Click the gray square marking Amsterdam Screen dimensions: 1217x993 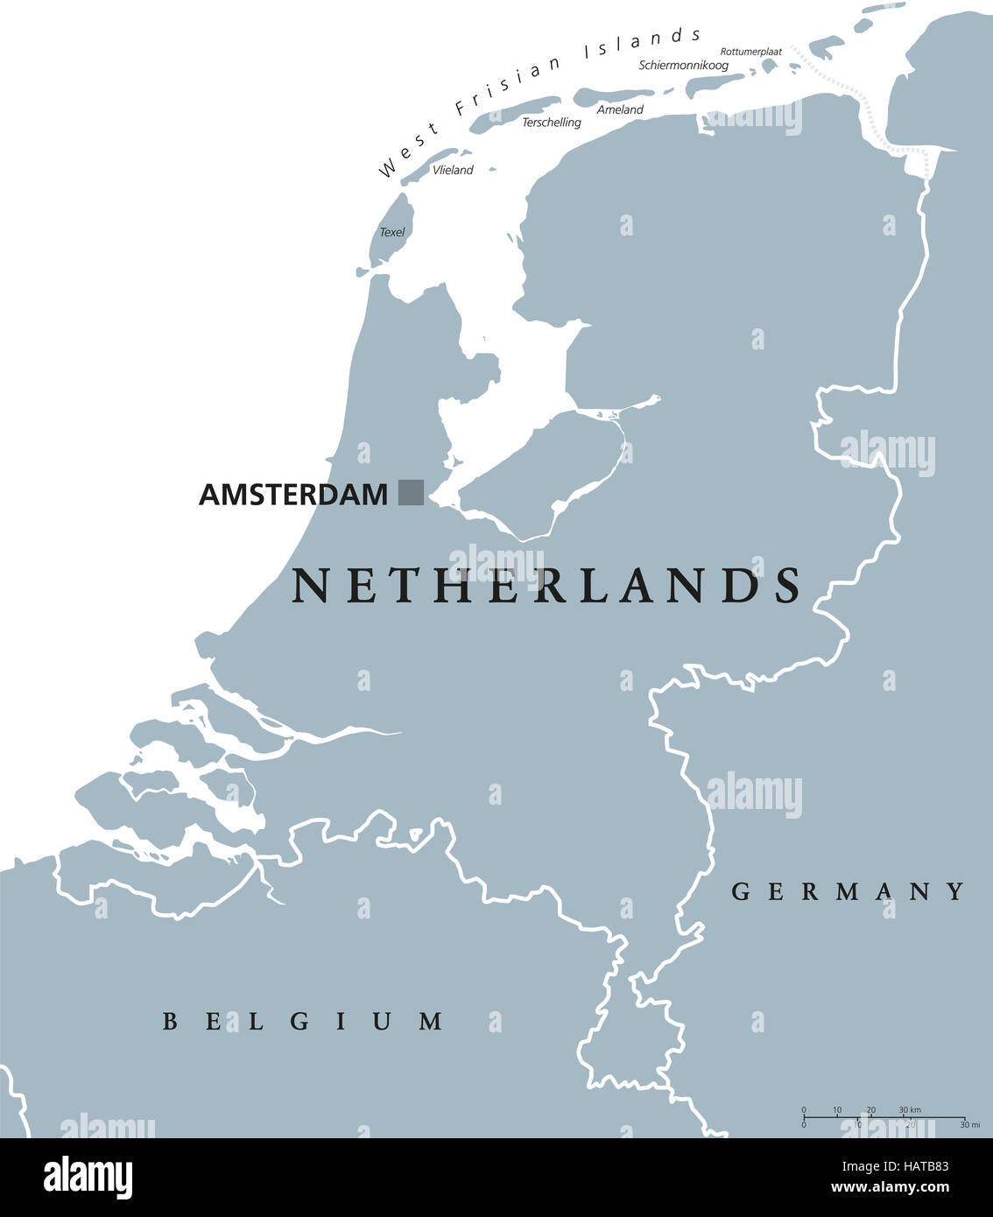coord(411,492)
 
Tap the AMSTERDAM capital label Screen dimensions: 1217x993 coord(292,495)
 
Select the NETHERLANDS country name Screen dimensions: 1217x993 coord(546,586)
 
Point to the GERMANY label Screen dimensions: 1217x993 coord(848,892)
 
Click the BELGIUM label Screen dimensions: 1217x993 coord(303,1021)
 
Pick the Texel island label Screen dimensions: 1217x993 coord(392,232)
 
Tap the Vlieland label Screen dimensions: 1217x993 coord(453,170)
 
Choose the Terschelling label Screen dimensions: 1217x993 coord(552,123)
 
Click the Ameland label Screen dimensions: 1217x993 coord(620,109)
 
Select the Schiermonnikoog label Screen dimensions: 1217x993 coord(683,66)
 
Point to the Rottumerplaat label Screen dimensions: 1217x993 coord(751,52)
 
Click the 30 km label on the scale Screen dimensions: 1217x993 coord(910,1109)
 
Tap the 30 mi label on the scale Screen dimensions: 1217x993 coord(968,1125)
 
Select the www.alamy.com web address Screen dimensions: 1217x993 coord(889,1188)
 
